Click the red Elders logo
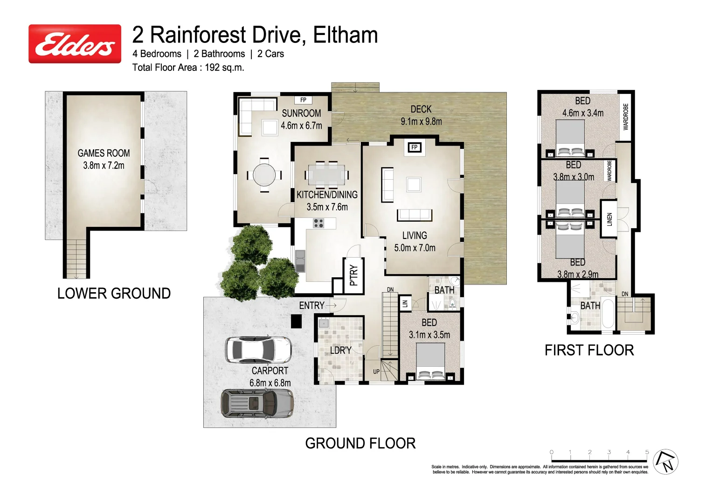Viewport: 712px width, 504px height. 75,44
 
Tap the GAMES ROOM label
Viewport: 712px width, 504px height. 104,153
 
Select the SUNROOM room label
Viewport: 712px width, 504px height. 301,113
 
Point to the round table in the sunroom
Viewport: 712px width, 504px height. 264,175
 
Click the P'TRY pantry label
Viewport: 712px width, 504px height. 353,275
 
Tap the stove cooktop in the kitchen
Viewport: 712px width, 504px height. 318,223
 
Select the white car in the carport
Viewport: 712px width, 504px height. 258,350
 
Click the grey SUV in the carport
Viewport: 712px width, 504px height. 257,403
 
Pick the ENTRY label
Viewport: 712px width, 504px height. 311,306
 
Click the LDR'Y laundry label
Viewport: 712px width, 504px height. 340,350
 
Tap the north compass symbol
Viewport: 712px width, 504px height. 665,462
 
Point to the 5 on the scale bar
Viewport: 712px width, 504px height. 647,452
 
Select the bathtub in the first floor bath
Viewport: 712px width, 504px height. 608,313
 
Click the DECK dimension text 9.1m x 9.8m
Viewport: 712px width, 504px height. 421,121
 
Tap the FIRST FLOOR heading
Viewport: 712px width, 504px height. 589,350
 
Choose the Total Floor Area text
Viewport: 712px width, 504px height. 188,68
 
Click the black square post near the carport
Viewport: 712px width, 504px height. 297,321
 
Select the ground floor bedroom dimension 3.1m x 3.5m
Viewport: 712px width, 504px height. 429,335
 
